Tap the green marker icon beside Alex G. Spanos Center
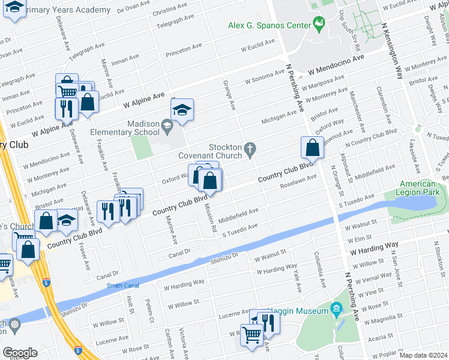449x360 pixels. [319, 25]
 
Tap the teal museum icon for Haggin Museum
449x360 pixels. [336, 310]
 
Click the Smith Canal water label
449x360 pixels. [123, 286]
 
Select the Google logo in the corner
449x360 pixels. [20, 353]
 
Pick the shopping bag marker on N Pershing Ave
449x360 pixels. [313, 148]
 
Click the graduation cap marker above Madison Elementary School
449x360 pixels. [182, 110]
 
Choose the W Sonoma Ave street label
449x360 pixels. [265, 77]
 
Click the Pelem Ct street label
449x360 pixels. [151, 313]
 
